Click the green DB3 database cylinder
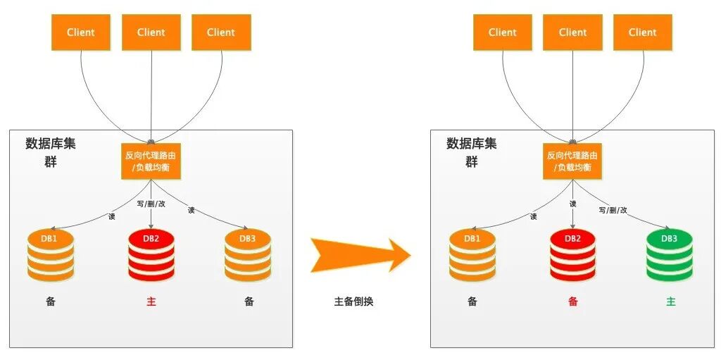coord(670,255)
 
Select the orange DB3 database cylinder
coord(248,255)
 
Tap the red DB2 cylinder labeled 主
coord(151,255)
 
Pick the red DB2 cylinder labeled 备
coord(572,255)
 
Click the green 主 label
coord(670,302)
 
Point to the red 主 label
coord(151,302)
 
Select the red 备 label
coord(572,302)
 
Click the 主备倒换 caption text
coord(353,302)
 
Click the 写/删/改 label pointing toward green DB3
coord(613,209)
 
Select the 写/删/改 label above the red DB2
coord(151,204)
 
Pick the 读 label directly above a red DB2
coord(572,204)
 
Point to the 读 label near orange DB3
coord(192,209)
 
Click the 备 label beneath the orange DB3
coord(249,302)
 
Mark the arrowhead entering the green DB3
coord(666,228)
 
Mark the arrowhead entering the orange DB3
coord(245,228)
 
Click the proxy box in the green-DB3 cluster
coord(572,161)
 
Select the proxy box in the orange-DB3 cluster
coord(151,161)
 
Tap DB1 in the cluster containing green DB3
coord(472,255)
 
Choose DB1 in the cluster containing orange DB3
coord(51,255)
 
